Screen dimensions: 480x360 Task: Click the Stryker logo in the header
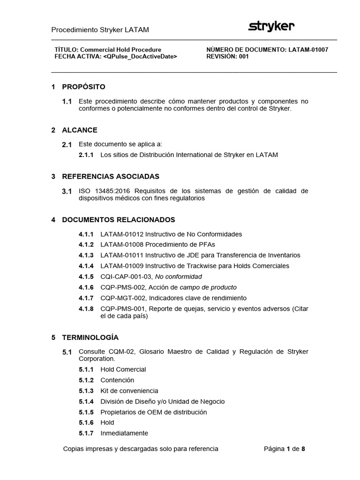click(x=271, y=27)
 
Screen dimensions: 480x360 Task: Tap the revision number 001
click(x=243, y=57)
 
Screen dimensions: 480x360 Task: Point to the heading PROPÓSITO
click(x=83, y=87)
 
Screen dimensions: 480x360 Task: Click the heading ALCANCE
click(x=80, y=130)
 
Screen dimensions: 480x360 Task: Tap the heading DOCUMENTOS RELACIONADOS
click(x=118, y=219)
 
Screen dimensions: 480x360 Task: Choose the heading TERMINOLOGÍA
click(x=90, y=337)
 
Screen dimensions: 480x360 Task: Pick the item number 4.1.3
click(x=86, y=255)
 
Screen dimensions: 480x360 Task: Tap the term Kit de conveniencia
click(x=129, y=391)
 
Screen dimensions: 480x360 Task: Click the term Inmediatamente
click(x=124, y=434)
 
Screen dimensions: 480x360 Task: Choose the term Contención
click(x=117, y=380)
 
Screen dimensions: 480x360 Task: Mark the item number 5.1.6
click(x=86, y=423)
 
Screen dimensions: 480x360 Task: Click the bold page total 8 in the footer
click(x=303, y=449)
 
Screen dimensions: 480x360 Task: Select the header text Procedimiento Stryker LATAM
click(x=100, y=30)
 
